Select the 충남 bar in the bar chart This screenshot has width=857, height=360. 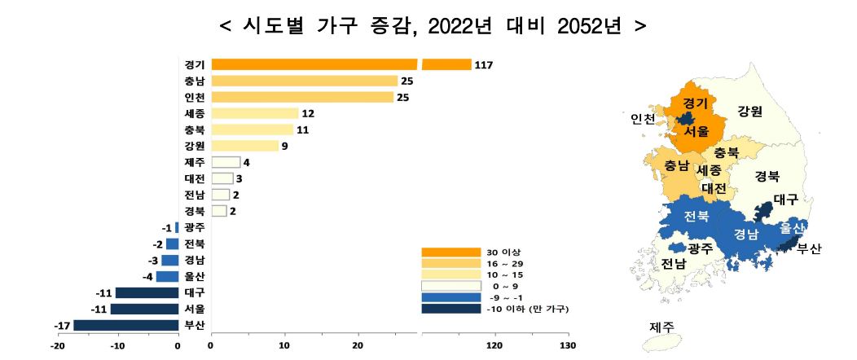point(305,81)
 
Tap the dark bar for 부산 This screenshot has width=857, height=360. point(125,326)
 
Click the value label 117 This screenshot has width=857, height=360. point(484,65)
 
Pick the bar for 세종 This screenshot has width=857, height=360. point(255,114)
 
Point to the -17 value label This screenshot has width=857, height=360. point(62,326)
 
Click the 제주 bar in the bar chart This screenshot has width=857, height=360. point(226,162)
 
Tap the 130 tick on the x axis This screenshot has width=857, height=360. point(568,345)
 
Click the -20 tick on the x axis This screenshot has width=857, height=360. point(57,345)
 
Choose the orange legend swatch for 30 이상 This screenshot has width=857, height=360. point(451,252)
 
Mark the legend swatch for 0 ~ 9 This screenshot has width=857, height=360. point(451,286)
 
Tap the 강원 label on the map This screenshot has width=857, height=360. point(749,112)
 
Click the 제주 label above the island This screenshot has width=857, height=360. point(661,327)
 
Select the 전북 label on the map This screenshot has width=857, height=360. point(697,216)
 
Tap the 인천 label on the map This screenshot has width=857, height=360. point(642,119)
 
